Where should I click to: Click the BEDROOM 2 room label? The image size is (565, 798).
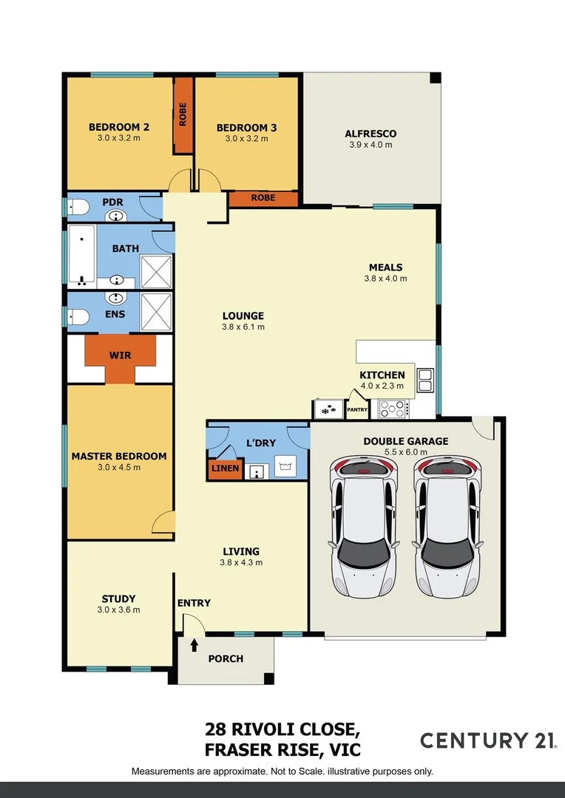click(x=119, y=127)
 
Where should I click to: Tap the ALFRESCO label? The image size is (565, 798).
click(x=371, y=134)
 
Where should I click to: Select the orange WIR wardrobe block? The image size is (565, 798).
click(x=120, y=356)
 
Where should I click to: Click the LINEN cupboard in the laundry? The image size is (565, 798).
click(x=225, y=468)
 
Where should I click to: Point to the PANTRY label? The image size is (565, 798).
click(x=357, y=409)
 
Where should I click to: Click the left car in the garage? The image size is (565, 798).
click(x=362, y=526)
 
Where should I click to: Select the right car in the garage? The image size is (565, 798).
click(x=446, y=526)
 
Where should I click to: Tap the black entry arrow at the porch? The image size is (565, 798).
click(x=194, y=645)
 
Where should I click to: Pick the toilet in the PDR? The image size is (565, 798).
click(x=78, y=210)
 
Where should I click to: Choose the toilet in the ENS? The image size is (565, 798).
click(x=78, y=317)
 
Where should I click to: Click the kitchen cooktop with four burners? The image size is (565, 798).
click(x=391, y=408)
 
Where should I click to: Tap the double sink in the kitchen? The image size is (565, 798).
click(x=425, y=380)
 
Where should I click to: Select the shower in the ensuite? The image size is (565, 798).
click(x=156, y=310)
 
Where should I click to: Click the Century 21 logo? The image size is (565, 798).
click(x=488, y=740)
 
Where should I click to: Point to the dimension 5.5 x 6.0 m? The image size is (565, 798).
click(x=405, y=453)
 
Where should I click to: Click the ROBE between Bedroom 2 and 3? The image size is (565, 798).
click(x=183, y=114)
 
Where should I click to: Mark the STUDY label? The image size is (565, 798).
click(x=118, y=598)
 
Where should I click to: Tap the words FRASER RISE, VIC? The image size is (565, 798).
click(x=282, y=751)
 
